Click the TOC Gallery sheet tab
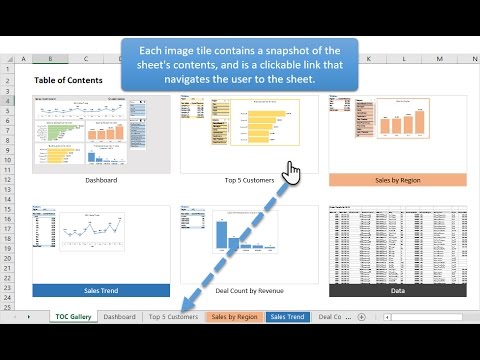point(74,316)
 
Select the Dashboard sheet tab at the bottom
point(119,316)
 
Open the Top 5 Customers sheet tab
point(173,316)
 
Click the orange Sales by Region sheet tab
point(234,316)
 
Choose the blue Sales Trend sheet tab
point(288,316)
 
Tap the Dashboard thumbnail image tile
point(87,133)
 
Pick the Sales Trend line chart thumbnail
point(87,244)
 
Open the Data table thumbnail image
point(397,244)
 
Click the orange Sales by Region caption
point(397,180)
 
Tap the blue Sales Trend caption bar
point(87,290)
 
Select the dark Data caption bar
point(397,290)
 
